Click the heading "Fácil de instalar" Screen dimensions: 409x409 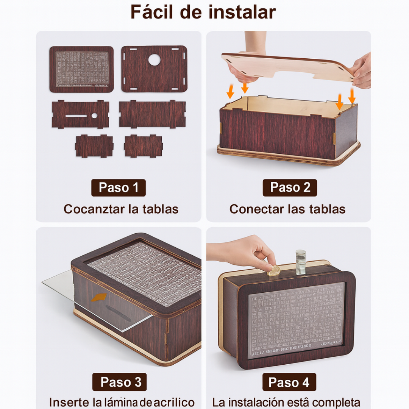click(203, 12)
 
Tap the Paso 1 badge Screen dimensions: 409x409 click(119, 187)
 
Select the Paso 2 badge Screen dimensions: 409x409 click(290, 187)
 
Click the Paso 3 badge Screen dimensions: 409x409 click(119, 382)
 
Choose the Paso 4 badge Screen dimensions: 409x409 click(289, 382)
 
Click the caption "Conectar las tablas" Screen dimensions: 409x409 click(287, 209)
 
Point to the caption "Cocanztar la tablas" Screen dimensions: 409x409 click(121, 209)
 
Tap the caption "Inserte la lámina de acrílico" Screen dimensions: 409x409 click(122, 402)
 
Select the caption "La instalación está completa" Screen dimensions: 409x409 click(286, 402)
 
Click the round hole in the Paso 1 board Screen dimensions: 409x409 click(154, 59)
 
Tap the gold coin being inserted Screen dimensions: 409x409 click(273, 270)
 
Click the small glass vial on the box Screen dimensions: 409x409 click(300, 262)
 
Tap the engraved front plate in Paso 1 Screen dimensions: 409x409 click(81, 69)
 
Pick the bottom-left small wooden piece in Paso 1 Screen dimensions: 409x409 click(94, 146)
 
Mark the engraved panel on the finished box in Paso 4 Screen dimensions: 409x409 click(296, 320)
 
